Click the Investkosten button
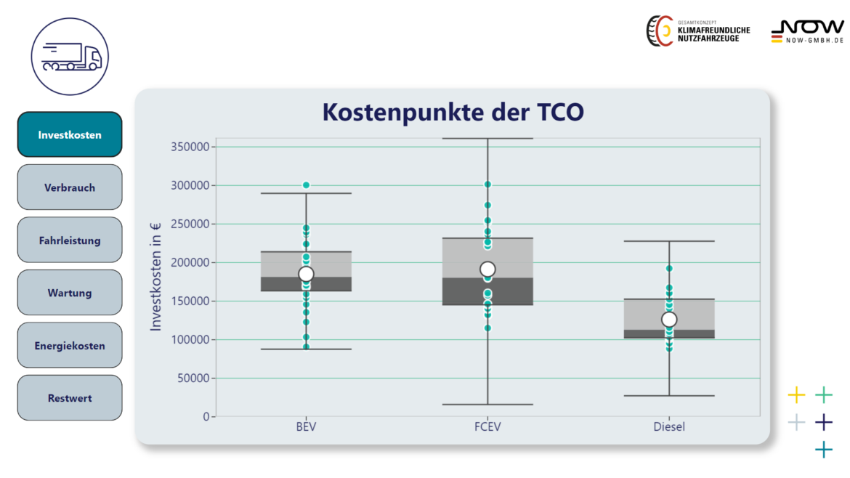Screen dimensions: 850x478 click(70, 134)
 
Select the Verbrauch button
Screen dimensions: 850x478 click(70, 187)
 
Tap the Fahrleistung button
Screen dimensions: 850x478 click(70, 240)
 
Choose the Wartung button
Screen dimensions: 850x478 click(70, 292)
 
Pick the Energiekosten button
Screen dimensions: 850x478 click(70, 345)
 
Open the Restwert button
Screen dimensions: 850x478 click(70, 398)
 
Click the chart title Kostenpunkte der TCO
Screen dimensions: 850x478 click(453, 112)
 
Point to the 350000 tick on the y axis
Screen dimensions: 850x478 click(190, 146)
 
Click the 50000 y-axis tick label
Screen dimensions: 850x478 click(193, 378)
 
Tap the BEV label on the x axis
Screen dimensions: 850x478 click(306, 426)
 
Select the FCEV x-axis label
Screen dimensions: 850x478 click(487, 426)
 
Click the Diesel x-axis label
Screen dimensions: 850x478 click(669, 426)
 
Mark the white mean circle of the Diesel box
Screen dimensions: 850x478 click(669, 320)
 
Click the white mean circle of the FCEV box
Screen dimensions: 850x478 click(487, 270)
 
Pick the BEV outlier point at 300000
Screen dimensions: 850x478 click(307, 185)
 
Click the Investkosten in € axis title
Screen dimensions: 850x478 click(155, 276)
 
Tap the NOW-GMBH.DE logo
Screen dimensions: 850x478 click(807, 32)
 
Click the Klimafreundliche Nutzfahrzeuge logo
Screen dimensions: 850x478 click(698, 31)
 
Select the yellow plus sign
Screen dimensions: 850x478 click(796, 394)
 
